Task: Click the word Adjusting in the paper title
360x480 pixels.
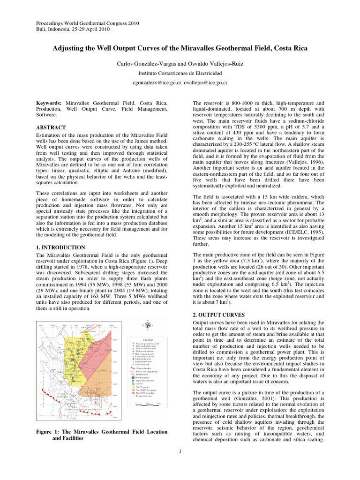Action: click(x=69, y=48)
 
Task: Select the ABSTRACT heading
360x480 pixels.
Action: click(x=51, y=127)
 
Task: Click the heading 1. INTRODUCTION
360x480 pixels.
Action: click(x=60, y=247)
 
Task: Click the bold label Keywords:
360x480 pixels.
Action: click(x=49, y=102)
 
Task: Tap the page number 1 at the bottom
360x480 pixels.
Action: click(x=180, y=451)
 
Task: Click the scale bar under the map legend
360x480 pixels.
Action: click(x=148, y=403)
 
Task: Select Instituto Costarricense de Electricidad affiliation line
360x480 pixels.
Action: click(x=180, y=73)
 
